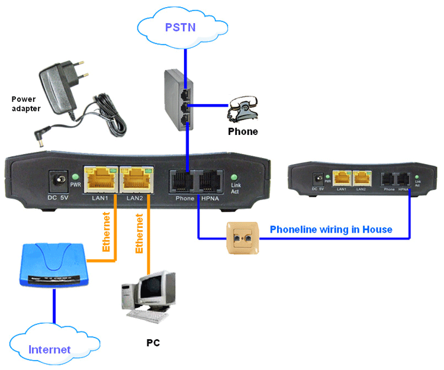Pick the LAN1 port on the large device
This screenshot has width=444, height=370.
(x=100, y=177)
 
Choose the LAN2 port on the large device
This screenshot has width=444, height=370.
(x=135, y=177)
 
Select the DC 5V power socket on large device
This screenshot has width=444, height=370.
(x=59, y=179)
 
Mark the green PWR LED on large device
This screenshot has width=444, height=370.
(x=75, y=176)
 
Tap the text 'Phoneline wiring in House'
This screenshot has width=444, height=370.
(x=331, y=229)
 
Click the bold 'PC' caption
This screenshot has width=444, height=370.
(x=153, y=343)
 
